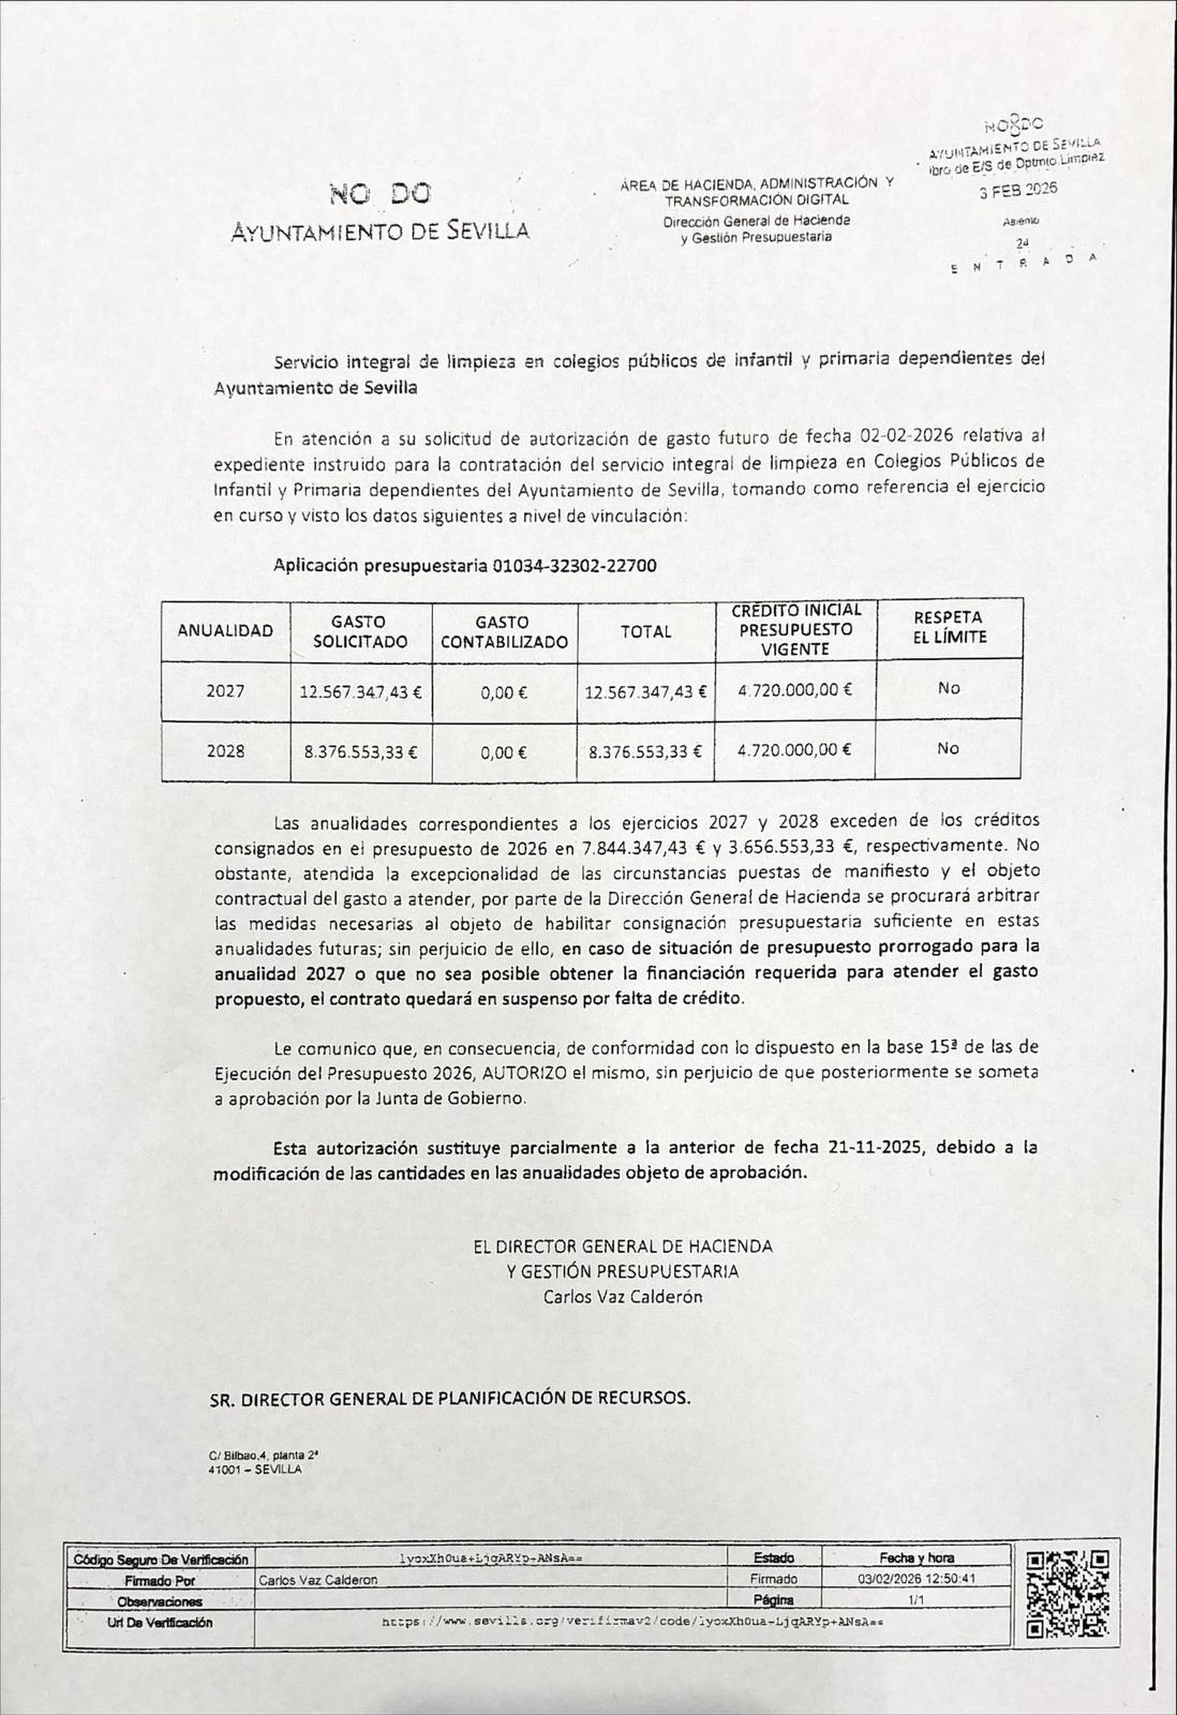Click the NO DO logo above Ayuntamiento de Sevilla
[x=380, y=195]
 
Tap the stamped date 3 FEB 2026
[x=1017, y=189]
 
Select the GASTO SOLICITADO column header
[x=360, y=632]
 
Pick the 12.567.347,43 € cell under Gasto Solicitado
[x=360, y=692]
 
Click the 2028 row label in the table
[x=225, y=752]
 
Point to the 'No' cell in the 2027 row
[x=948, y=688]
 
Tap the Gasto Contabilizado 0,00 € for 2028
[x=503, y=753]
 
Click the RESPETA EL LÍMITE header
[x=949, y=627]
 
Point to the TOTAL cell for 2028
[x=644, y=752]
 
